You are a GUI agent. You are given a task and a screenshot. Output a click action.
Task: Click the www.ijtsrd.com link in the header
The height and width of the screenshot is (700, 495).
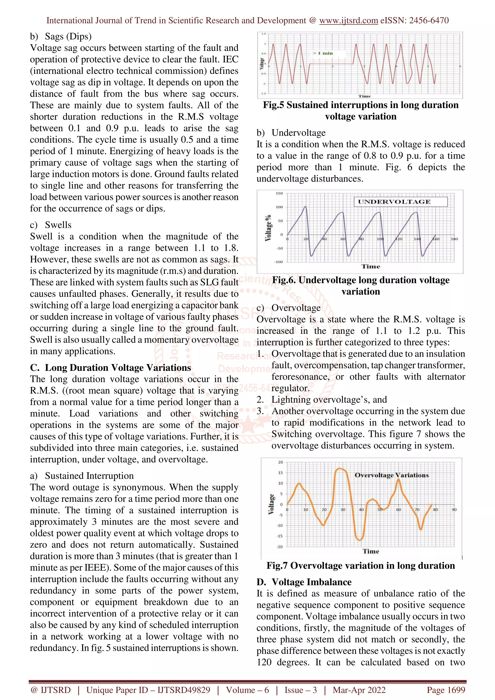click(x=348, y=21)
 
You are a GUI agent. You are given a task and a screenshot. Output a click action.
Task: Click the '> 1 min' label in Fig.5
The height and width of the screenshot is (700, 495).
click(x=323, y=53)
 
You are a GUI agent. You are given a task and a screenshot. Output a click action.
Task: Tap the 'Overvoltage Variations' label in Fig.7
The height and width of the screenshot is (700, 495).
click(x=392, y=475)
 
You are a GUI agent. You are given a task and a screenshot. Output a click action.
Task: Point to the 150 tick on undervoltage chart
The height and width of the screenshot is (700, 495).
click(x=279, y=193)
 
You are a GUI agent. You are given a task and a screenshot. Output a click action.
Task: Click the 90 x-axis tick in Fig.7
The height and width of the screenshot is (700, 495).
click(x=454, y=509)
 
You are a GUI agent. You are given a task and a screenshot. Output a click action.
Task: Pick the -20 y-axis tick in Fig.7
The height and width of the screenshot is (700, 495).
click(x=280, y=547)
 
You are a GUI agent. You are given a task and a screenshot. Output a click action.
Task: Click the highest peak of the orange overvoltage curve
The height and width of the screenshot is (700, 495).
click(x=340, y=469)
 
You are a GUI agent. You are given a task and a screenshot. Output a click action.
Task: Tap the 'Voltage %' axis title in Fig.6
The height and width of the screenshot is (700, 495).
click(x=268, y=228)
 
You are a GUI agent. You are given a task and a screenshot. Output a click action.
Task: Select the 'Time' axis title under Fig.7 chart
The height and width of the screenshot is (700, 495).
click(x=371, y=551)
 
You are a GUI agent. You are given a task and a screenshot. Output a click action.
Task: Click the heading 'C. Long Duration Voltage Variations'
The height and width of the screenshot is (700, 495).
click(x=110, y=368)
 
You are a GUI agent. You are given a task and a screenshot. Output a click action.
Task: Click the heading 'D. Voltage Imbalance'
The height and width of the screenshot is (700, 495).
click(x=304, y=582)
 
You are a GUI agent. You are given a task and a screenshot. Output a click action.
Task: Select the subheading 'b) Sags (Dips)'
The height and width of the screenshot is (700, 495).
click(x=61, y=36)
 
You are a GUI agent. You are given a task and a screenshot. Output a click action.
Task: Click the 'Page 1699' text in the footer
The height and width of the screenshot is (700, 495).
click(x=446, y=690)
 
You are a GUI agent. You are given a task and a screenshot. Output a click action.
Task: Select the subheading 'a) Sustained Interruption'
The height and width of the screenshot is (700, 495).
click(x=82, y=476)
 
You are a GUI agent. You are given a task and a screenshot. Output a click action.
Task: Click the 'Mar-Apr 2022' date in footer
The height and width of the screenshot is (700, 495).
click(x=359, y=690)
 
